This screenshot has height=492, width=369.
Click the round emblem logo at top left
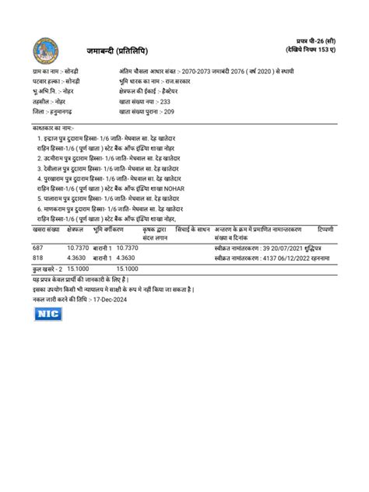coord(45,52)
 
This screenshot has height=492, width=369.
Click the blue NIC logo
coord(47,314)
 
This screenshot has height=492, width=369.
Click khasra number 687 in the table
coord(38,248)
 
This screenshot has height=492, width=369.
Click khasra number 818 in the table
coord(38,258)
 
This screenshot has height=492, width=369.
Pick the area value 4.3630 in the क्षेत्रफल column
coord(76,258)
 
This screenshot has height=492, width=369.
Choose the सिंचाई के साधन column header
coord(193,230)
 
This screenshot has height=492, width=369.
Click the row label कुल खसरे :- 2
coord(47,268)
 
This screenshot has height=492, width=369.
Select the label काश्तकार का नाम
coord(52,126)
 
